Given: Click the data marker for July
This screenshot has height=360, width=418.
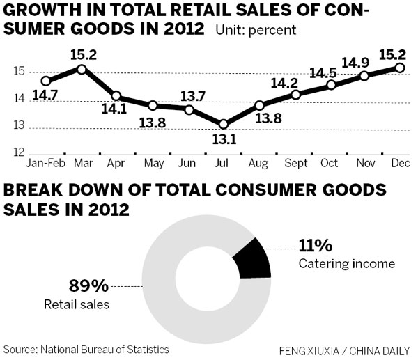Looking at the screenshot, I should coord(223,124).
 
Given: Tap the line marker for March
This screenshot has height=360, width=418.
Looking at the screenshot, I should coord(82,68).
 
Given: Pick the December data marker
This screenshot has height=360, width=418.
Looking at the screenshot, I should coord(399,68).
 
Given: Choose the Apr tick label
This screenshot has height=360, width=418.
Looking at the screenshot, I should coord(117,164).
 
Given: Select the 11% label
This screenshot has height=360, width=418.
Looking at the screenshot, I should coord(316,246).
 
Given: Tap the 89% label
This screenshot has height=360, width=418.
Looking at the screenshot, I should coord(88,285).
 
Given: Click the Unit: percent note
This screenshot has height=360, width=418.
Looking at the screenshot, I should coord(256,31).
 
